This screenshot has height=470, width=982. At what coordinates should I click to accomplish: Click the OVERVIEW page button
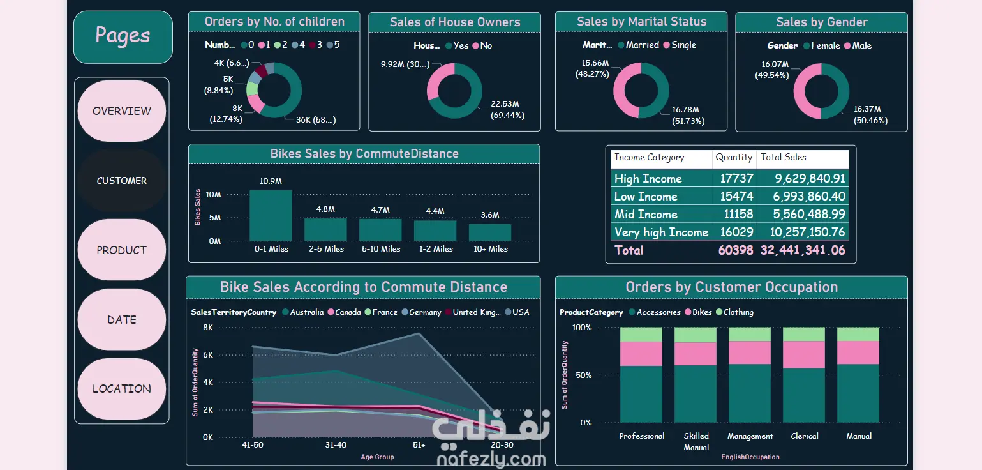[122, 111]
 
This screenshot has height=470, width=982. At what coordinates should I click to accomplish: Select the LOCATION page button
[122, 389]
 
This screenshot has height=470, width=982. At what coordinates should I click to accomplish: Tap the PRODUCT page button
[122, 250]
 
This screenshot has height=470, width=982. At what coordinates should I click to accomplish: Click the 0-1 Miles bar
[271, 215]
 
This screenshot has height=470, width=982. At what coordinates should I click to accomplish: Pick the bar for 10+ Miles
[490, 232]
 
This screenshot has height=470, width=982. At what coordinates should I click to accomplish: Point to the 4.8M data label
[325, 209]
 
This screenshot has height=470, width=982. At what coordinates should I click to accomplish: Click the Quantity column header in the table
[734, 158]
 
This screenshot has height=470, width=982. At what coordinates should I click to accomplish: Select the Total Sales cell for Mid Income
[803, 215]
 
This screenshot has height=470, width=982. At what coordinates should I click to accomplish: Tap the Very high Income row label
[661, 232]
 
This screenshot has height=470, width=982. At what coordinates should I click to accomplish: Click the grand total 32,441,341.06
[803, 250]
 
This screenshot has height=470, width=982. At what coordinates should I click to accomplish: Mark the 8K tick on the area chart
[208, 328]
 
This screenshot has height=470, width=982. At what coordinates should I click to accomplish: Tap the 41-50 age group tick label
[253, 444]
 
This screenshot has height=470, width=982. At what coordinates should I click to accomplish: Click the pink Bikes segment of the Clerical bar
[804, 354]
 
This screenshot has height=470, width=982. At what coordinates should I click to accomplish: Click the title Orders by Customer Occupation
[731, 287]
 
